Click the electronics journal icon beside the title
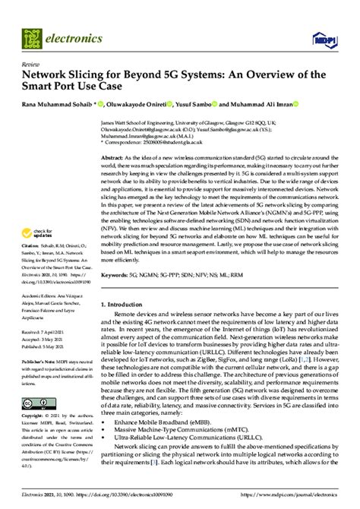point(35,36)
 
